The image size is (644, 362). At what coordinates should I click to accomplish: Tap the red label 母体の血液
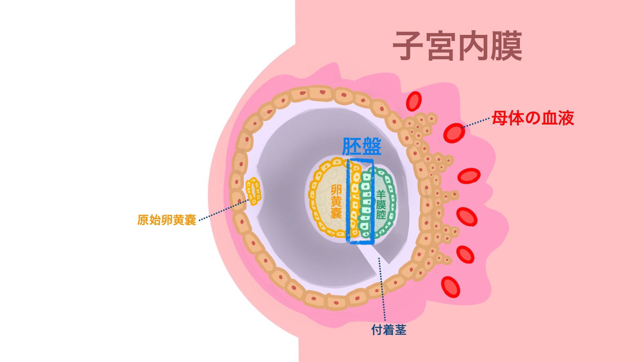click(x=533, y=118)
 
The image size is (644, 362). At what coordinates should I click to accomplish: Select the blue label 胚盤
click(x=362, y=146)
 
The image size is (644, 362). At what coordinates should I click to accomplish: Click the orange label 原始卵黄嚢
click(x=167, y=220)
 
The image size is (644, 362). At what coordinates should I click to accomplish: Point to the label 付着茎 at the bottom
click(x=389, y=330)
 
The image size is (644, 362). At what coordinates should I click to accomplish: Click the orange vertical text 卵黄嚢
click(x=336, y=201)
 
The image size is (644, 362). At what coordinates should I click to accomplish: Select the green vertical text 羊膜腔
click(x=381, y=204)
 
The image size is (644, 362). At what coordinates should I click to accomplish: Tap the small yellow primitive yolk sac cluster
click(x=253, y=191)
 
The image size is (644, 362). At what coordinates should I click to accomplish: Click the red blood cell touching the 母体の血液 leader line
click(x=454, y=133)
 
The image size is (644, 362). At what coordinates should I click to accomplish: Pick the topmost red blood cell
click(x=414, y=101)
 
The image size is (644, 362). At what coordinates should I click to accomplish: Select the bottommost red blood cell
click(x=450, y=287)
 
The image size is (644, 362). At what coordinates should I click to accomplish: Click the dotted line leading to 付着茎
click(x=382, y=288)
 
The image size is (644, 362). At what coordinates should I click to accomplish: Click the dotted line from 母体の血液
click(x=476, y=123)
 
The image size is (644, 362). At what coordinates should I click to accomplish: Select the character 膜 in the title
click(x=506, y=46)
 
